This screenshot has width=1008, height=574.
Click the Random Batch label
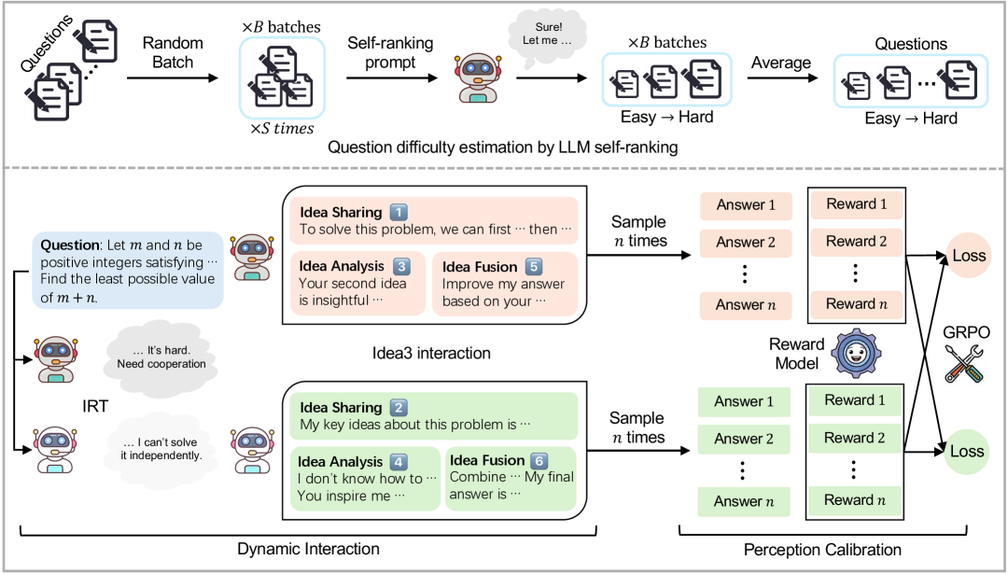click(173, 52)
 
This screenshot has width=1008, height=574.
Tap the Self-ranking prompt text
click(390, 52)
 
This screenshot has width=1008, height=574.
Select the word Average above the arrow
click(781, 63)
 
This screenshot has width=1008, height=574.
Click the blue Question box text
click(128, 271)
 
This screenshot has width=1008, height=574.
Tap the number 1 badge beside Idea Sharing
click(399, 212)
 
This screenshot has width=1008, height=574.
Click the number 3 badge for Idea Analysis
click(401, 266)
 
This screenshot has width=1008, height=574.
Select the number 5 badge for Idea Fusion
click(534, 266)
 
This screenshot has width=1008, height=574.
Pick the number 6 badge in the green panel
click(539, 460)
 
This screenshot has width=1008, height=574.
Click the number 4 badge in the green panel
click(399, 461)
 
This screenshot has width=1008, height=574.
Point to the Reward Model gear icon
click(856, 353)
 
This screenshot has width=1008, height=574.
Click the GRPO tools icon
click(964, 364)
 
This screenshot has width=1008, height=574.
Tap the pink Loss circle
click(968, 256)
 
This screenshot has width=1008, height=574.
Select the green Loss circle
click(966, 451)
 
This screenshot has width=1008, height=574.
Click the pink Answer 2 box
click(746, 243)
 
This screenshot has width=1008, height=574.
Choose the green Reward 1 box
click(854, 399)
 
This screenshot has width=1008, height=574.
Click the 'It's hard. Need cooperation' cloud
click(161, 357)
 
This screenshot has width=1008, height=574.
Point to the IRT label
click(95, 406)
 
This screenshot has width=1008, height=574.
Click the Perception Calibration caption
click(822, 551)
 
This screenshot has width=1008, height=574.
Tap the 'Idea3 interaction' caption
click(430, 354)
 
